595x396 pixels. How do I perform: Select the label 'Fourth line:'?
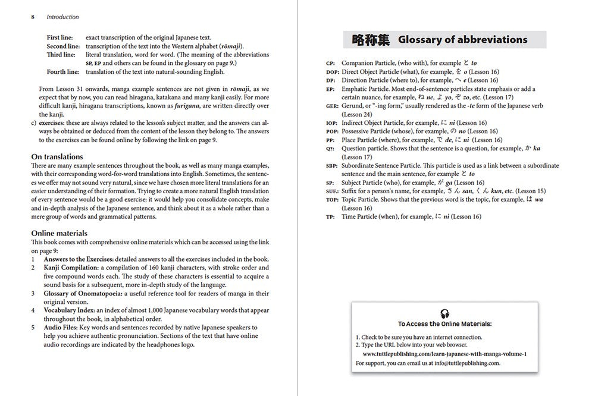[x=62, y=72]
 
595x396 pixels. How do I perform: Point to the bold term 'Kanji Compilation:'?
[x=69, y=268]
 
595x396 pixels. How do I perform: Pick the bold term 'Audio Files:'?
[x=61, y=328]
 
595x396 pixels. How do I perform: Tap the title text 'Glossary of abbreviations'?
[x=462, y=40]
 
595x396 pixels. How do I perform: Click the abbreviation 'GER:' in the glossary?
[x=332, y=106]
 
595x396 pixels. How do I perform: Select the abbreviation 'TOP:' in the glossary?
[x=332, y=200]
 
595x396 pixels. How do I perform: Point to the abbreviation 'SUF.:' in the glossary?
[x=333, y=191]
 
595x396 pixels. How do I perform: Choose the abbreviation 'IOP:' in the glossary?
[x=331, y=123]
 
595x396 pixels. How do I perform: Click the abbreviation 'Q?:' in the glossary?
[x=330, y=149]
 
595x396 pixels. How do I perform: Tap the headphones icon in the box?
[x=444, y=313]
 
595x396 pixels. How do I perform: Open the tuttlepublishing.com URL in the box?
[x=444, y=354]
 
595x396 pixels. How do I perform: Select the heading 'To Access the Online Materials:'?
[x=445, y=324]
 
